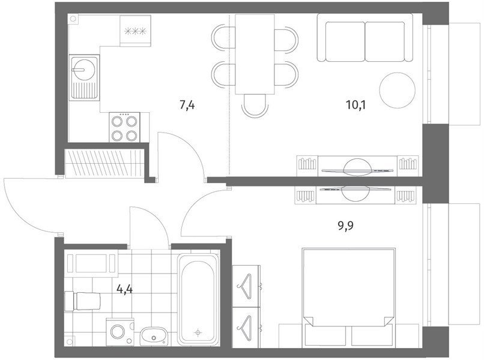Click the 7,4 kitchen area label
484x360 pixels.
pyautogui.click(x=187, y=105)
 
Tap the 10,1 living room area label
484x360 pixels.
pyautogui.click(x=355, y=105)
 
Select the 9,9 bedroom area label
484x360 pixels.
pyautogui.click(x=345, y=226)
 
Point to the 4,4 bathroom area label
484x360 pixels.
pyautogui.click(x=124, y=289)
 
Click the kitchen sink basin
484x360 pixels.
pyautogui.click(x=85, y=78)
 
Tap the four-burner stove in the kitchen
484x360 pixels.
pyautogui.click(x=124, y=127)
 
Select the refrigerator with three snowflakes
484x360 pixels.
pyautogui.click(x=136, y=31)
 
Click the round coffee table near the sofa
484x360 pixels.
pyautogui.click(x=397, y=90)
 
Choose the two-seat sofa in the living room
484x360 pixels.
pyautogui.click(x=365, y=38)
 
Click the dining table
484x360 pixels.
pyautogui.click(x=255, y=54)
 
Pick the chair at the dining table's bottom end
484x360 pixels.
pyautogui.click(x=255, y=106)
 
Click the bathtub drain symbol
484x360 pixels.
pyautogui.click(x=198, y=332)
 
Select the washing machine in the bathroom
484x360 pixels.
pyautogui.click(x=120, y=332)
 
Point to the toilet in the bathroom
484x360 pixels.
pyautogui.click(x=82, y=301)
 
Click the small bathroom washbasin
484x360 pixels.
pyautogui.click(x=153, y=336)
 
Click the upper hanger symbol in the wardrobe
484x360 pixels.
pyautogui.click(x=246, y=286)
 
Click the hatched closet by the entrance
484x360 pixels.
pyautogui.click(x=105, y=163)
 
